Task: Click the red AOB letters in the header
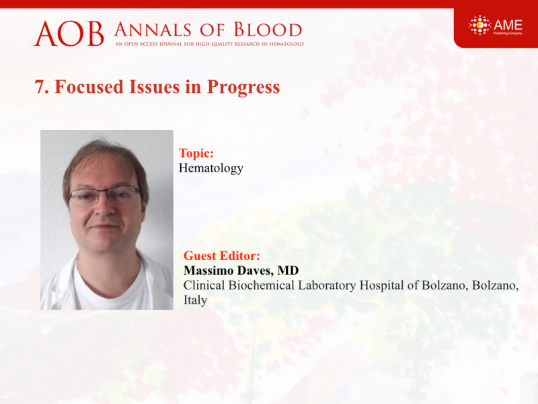point(69,34)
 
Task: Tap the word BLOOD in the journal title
point(268,30)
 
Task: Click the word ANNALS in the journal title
point(153,30)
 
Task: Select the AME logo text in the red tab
point(508,25)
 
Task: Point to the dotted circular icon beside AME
point(479,25)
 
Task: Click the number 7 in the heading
point(40,87)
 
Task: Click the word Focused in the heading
point(89,87)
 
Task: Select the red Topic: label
point(196,154)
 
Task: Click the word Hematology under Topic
point(211,168)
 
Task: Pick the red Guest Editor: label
point(222,256)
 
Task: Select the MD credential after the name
point(289,271)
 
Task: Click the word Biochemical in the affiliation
point(262,285)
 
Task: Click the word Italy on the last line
point(195,300)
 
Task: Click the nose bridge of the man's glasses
point(104,193)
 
